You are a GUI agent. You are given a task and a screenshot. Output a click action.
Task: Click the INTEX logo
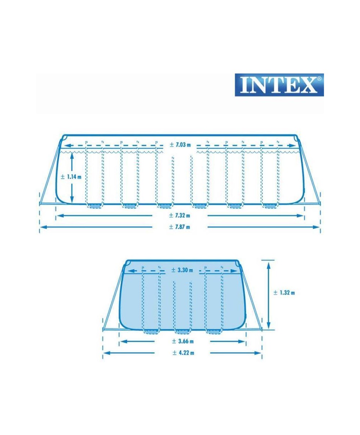coord(279,85)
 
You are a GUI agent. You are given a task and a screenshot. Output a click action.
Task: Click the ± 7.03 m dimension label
coord(180,145)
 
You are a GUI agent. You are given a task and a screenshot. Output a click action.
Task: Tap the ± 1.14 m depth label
coord(71,177)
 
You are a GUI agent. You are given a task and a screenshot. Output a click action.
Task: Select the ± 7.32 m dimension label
coord(180,215)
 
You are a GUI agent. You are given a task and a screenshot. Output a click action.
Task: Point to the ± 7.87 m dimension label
coord(180,227)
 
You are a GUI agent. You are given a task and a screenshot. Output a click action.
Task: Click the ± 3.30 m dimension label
coord(182,270)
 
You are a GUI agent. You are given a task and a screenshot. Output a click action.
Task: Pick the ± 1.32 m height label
coord(284,293)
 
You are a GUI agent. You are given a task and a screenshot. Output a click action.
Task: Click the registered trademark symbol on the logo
coord(319,79)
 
